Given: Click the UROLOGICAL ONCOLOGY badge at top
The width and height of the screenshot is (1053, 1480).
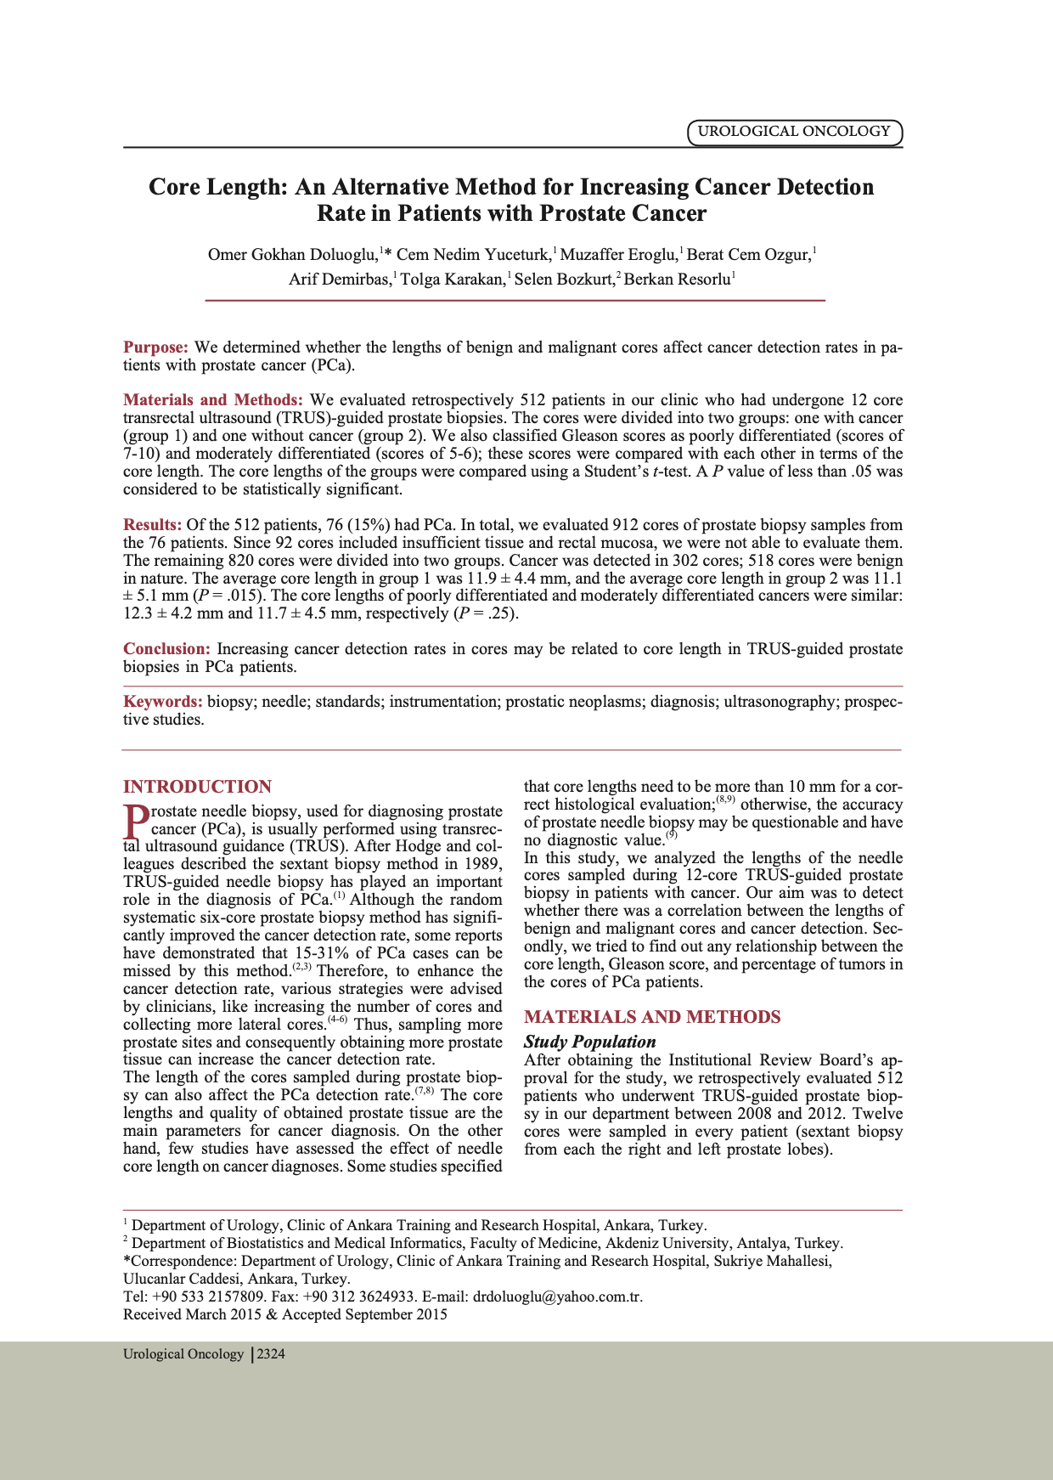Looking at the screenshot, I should click(x=794, y=132).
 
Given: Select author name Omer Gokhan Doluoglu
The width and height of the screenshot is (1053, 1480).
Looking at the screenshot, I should click(x=293, y=255).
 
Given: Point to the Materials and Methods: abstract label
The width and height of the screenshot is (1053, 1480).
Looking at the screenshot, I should click(x=213, y=400).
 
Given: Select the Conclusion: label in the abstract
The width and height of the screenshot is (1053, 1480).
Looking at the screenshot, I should click(x=166, y=649).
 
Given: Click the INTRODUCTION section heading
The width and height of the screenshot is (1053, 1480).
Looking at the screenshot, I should click(x=198, y=787).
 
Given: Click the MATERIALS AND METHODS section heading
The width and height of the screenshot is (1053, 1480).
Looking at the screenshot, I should click(x=652, y=1017).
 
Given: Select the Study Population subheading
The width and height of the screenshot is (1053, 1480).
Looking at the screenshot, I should click(x=590, y=1042).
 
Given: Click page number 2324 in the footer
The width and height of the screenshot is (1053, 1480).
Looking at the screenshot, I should click(x=271, y=1354).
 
